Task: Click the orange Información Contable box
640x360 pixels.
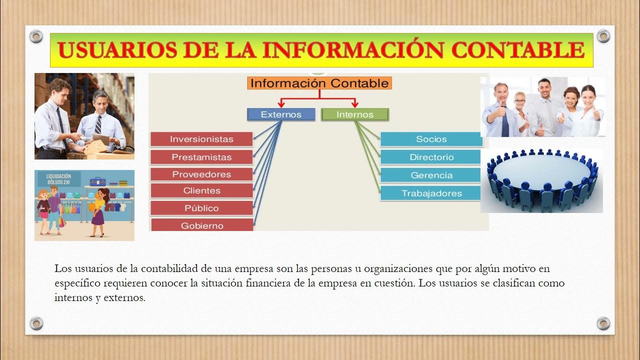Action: tap(319, 83)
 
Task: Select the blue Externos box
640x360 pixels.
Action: tap(281, 114)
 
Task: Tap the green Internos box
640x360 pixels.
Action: tap(354, 114)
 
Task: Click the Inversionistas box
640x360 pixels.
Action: tap(201, 139)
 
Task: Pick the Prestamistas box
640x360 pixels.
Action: tap(201, 157)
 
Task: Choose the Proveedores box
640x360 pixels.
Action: tap(201, 174)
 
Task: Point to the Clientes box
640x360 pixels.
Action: tap(201, 190)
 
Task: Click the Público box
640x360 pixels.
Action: tap(201, 208)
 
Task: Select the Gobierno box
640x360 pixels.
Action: tap(201, 225)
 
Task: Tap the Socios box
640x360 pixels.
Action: tap(431, 139)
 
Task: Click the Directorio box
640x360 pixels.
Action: tap(431, 157)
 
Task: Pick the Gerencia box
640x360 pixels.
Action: tap(431, 175)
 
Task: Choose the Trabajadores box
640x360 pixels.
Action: tap(431, 193)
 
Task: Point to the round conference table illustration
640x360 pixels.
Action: tap(542, 180)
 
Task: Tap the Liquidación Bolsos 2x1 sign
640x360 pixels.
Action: tap(58, 179)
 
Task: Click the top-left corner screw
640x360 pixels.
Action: tap(36, 36)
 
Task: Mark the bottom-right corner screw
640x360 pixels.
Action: tap(603, 323)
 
